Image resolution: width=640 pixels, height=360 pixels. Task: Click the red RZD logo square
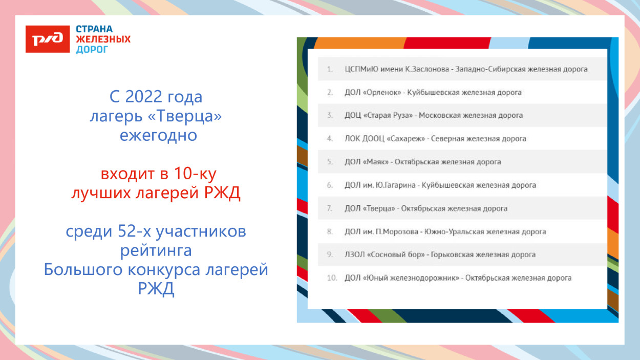[48, 39]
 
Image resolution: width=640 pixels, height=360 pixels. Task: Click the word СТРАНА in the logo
[94, 29]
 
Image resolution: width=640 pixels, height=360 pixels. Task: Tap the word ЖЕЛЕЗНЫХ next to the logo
[103, 39]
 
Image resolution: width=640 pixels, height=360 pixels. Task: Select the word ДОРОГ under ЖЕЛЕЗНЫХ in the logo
[92, 50]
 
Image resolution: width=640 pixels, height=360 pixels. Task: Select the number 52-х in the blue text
[134, 231]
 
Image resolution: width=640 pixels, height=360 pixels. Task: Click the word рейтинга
[156, 251]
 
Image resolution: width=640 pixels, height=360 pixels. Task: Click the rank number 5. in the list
[330, 162]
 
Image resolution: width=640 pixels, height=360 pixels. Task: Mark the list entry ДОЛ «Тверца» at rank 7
[370, 208]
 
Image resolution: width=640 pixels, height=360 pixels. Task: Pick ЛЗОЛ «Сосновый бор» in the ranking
[385, 255]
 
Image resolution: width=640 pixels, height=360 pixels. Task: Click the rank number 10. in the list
[332, 278]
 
